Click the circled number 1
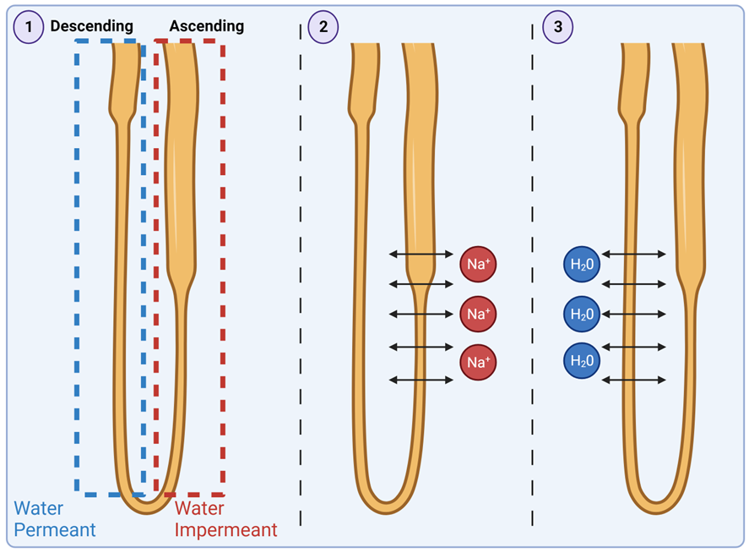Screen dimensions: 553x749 click(x=29, y=26)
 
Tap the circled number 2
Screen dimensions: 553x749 click(x=322, y=26)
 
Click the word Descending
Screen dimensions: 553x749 click(x=91, y=26)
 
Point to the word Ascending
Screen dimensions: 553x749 click(x=206, y=26)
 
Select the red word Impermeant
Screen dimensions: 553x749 click(x=225, y=530)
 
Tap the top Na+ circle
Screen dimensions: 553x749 click(x=478, y=265)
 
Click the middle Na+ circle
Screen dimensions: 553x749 click(x=478, y=314)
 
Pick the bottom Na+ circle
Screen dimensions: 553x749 click(x=478, y=363)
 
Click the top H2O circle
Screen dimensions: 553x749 click(x=582, y=265)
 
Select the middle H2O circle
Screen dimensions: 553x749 click(x=582, y=314)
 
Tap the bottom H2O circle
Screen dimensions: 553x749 click(x=582, y=361)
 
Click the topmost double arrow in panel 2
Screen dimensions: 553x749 click(x=421, y=254)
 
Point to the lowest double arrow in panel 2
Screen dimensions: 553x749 click(x=421, y=380)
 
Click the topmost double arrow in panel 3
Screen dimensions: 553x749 click(x=633, y=254)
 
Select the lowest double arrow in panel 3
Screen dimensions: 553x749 click(x=633, y=380)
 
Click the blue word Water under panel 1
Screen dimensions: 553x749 click(x=37, y=508)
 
